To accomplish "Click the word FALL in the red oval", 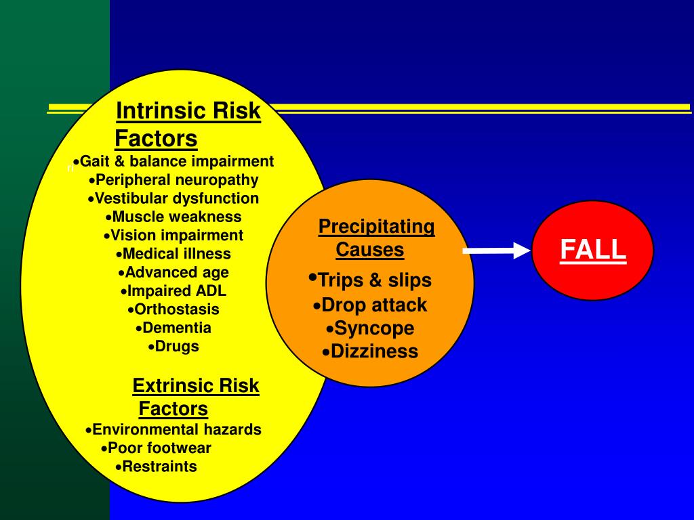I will (x=593, y=251).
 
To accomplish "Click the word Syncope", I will (x=374, y=328).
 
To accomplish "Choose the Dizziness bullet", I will (x=374, y=351).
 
